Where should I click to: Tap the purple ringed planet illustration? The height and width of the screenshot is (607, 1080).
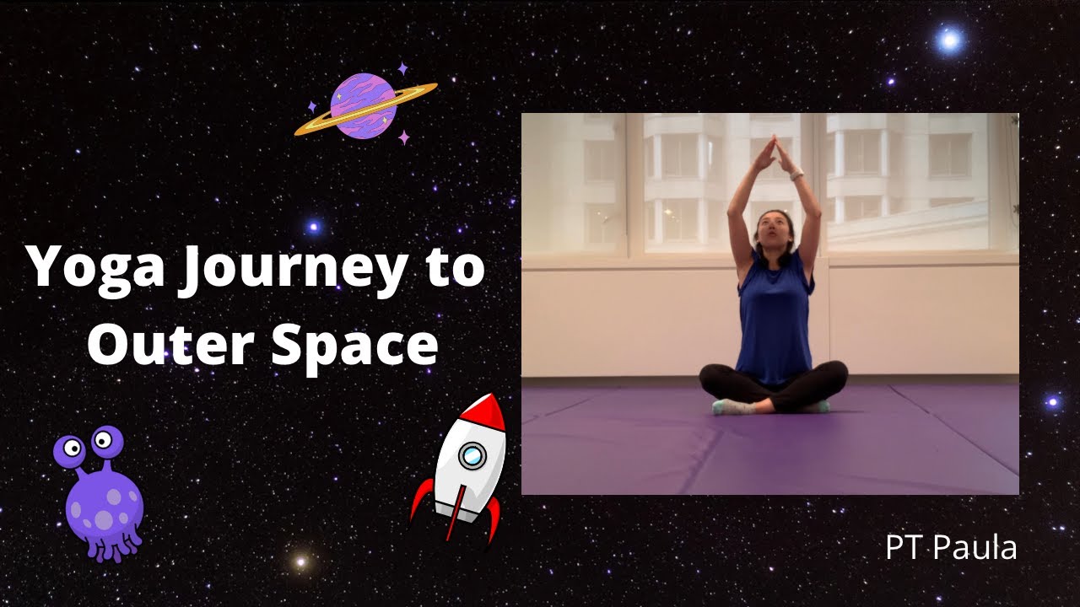click(364, 106)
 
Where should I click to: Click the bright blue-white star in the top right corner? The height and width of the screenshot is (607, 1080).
click(949, 40)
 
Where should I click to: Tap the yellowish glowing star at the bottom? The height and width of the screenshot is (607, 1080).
click(300, 561)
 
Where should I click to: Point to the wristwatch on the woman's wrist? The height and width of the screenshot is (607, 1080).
click(796, 175)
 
